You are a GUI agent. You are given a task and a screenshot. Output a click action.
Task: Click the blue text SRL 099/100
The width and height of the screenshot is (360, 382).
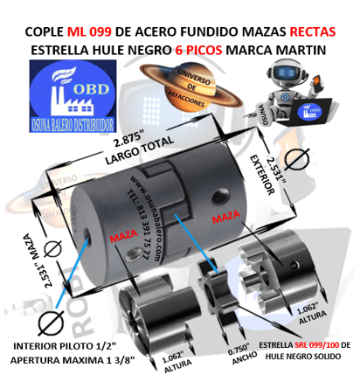[305, 347]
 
